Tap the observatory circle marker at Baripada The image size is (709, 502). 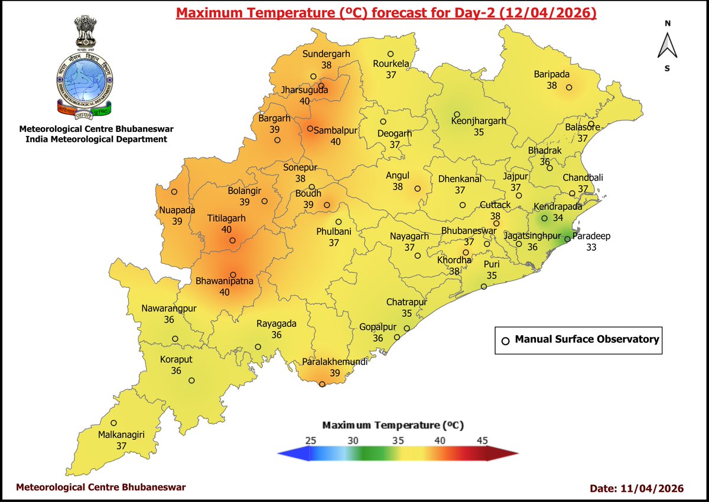click(569, 88)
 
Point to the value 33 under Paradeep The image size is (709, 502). click(591, 248)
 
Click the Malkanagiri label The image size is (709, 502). click(122, 435)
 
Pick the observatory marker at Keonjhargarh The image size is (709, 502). click(457, 115)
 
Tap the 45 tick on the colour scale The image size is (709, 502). click(482, 440)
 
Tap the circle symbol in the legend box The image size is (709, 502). click(505, 341)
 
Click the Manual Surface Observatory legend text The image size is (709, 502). click(587, 339)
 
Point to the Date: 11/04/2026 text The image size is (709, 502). click(637, 488)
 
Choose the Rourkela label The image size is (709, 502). click(391, 64)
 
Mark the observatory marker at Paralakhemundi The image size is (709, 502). click(322, 384)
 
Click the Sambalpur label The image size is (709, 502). click(336, 130)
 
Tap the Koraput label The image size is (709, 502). click(176, 359)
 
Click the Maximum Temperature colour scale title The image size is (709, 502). click(393, 425)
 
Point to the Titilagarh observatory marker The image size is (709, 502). click(233, 241)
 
